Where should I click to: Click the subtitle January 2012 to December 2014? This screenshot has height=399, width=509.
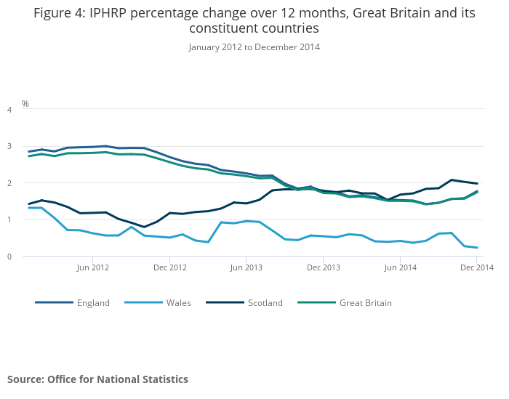254,47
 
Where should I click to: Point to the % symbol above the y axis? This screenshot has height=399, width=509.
25,104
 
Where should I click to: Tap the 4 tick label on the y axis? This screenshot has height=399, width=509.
9,110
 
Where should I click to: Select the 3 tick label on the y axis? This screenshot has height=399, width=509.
9,147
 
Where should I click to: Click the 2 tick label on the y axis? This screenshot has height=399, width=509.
9,183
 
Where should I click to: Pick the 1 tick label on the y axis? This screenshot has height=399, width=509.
9,220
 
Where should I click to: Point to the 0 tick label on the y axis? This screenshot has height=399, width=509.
9,257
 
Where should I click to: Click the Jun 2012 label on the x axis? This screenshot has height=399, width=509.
92,267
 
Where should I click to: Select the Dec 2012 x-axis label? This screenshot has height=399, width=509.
169,267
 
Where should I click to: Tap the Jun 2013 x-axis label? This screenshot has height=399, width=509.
246,267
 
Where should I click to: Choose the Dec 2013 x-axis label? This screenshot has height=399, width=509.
324,267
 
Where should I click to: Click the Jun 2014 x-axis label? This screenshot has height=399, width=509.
400,267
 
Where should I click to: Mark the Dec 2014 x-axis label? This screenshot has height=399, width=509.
477,267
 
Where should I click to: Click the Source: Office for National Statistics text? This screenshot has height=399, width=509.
97,379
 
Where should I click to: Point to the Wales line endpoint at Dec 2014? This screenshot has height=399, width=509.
477,248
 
